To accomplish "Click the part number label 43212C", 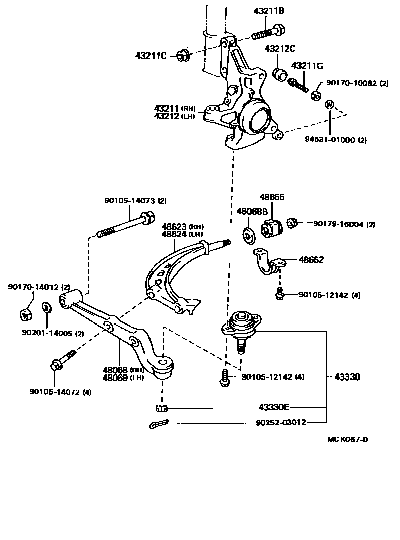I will (x=280, y=49).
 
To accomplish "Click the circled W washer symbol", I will (x=329, y=105).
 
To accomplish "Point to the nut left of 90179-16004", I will (x=292, y=223).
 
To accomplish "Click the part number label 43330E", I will (x=274, y=407).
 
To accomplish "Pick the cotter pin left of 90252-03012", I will (x=161, y=424).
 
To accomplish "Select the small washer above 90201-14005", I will (x=45, y=307).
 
